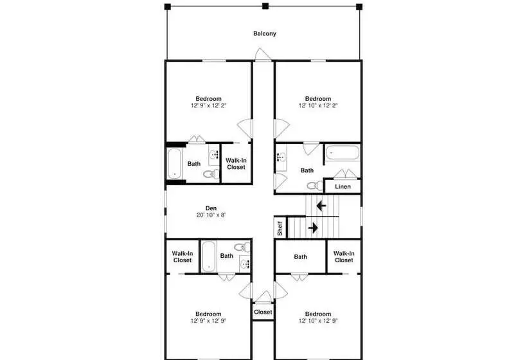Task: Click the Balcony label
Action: [x=265, y=33]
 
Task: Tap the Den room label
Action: [x=211, y=208]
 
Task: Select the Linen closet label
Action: [x=343, y=186]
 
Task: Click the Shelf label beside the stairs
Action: [x=280, y=228]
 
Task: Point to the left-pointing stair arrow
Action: [x=321, y=205]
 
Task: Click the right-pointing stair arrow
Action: [x=313, y=228]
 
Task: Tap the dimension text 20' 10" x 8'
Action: [x=211, y=215]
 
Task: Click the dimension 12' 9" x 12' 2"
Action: [x=208, y=105]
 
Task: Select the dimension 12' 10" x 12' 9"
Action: [x=318, y=321]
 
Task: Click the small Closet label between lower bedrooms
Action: [x=263, y=312]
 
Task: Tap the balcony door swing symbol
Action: [x=263, y=55]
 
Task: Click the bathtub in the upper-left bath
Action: [x=175, y=164]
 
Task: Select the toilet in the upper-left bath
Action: [x=211, y=174]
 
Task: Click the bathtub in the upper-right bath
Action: [x=342, y=152]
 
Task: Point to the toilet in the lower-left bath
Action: [x=242, y=248]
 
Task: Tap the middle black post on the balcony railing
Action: [x=265, y=6]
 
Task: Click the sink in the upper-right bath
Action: [x=281, y=157]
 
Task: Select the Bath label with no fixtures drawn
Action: [x=300, y=256]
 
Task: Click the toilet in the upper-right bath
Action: [x=315, y=185]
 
